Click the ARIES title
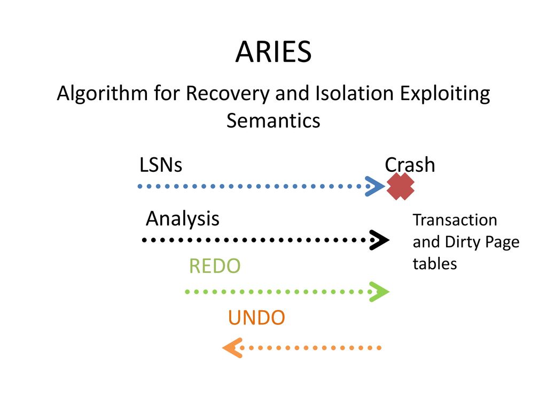[273, 52]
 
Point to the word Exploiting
[444, 94]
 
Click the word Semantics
[273, 120]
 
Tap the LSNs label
[161, 165]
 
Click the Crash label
[410, 165]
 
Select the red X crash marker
[401, 186]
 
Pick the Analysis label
[182, 218]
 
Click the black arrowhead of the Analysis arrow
[379, 241]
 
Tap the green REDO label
[214, 266]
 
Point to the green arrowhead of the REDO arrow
[380, 292]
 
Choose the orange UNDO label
[256, 318]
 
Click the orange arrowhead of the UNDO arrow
[231, 348]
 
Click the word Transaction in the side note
[455, 220]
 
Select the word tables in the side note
[435, 264]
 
